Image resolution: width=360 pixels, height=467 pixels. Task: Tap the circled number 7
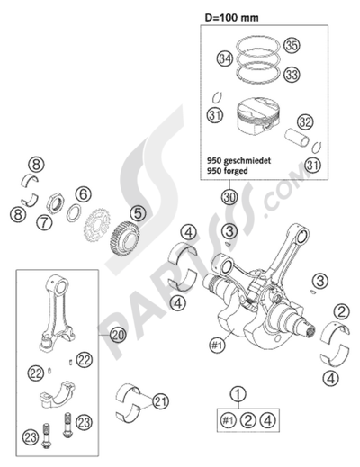click(67, 220)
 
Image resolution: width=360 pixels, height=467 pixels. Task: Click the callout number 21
click(161, 400)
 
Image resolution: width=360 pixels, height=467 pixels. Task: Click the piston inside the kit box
click(258, 118)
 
